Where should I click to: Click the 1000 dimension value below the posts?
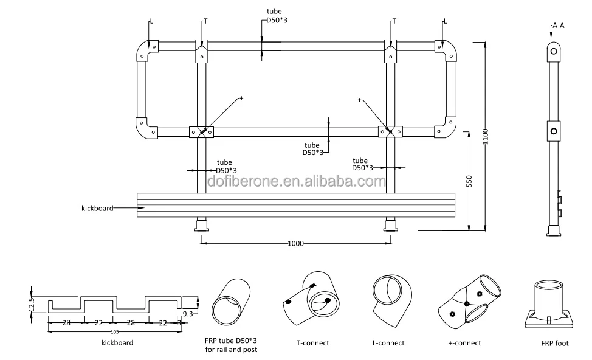click(x=296, y=243)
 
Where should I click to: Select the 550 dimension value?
click(x=469, y=181)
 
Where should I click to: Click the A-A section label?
click(x=558, y=26)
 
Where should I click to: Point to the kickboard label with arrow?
click(x=98, y=208)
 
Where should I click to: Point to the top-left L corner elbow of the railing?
click(x=146, y=50)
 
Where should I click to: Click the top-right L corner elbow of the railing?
click(x=446, y=50)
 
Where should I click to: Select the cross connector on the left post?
click(x=201, y=131)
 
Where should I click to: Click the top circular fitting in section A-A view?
click(x=553, y=51)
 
